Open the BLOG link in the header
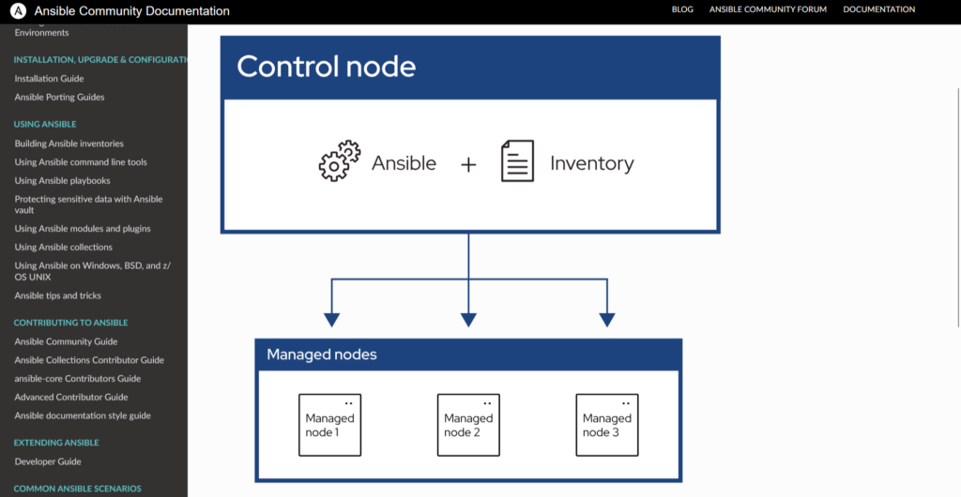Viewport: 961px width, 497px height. click(x=683, y=9)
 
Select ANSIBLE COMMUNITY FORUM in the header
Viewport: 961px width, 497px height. click(x=769, y=9)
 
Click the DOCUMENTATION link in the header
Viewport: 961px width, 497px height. click(x=878, y=9)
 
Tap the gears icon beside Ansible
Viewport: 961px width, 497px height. click(x=340, y=161)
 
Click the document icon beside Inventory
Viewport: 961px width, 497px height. click(x=517, y=161)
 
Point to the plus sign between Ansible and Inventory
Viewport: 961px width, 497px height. click(x=468, y=164)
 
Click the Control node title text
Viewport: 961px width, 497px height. click(x=326, y=67)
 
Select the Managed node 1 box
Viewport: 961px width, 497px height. click(x=329, y=425)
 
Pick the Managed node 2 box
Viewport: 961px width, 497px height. click(x=468, y=425)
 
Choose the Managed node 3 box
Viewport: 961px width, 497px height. click(x=607, y=425)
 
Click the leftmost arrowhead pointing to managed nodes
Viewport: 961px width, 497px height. click(x=330, y=319)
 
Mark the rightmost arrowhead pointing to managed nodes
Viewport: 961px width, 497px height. click(x=606, y=319)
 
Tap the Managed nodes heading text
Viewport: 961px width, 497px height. click(x=322, y=354)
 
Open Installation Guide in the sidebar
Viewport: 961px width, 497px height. click(x=49, y=79)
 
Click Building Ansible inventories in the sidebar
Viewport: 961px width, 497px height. click(x=69, y=143)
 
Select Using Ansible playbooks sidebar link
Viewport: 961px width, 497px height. click(x=62, y=180)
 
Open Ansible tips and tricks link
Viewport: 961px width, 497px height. click(x=57, y=295)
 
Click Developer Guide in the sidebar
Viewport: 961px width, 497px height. click(x=48, y=461)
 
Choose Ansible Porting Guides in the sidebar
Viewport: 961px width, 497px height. click(x=59, y=98)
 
